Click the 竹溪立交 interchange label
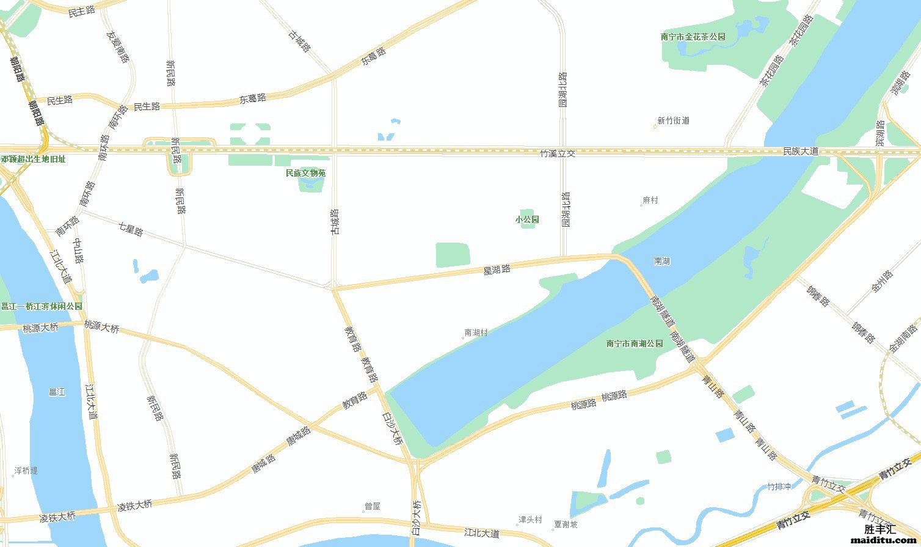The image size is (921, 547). [x=558, y=153]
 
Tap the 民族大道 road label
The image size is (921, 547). [x=801, y=151]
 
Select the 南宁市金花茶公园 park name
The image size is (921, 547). [x=693, y=37]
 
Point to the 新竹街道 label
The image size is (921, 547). [x=673, y=121]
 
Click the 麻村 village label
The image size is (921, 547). [x=650, y=200]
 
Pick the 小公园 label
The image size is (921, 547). [x=527, y=219]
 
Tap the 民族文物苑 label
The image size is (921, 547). [x=305, y=173]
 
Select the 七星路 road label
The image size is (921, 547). [x=130, y=229]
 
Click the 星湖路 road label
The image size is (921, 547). [x=497, y=268]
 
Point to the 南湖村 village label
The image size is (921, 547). [x=476, y=333]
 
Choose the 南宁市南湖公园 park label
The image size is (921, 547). [x=635, y=343]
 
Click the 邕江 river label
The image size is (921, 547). [x=57, y=392]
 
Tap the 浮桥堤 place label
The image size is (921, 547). [x=26, y=471]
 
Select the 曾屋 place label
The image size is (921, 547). [x=373, y=506]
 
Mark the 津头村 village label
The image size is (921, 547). [x=530, y=519]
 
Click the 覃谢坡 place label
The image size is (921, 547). [x=566, y=524]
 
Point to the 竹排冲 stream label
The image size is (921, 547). [x=779, y=486]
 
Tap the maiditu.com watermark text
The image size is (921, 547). [x=884, y=540]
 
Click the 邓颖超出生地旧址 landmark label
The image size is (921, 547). [x=33, y=159]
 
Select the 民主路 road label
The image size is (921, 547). [x=81, y=12]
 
